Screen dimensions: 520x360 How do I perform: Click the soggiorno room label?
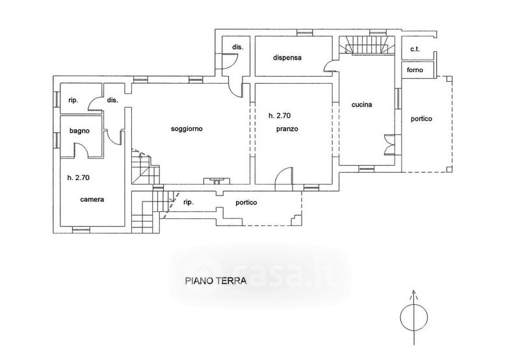187,129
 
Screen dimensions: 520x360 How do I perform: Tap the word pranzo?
287,129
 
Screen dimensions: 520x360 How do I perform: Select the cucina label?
362,105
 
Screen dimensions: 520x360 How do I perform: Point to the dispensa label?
287,58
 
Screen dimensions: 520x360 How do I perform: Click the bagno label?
79,131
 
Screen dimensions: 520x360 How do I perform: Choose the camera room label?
92,199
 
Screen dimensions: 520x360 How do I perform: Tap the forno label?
415,70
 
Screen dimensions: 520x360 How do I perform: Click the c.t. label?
415,49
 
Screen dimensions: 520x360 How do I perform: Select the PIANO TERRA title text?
216,281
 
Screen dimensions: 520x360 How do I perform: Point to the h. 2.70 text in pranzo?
279,116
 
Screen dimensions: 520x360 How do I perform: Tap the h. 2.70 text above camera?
79,177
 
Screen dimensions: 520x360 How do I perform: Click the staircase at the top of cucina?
367,45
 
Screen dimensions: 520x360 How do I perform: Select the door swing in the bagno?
82,150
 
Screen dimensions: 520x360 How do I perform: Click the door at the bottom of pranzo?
284,175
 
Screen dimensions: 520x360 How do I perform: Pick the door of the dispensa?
330,66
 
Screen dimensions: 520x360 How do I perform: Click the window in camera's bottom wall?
81,229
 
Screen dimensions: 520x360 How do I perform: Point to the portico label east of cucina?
421,119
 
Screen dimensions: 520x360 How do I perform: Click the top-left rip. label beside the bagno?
73,100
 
